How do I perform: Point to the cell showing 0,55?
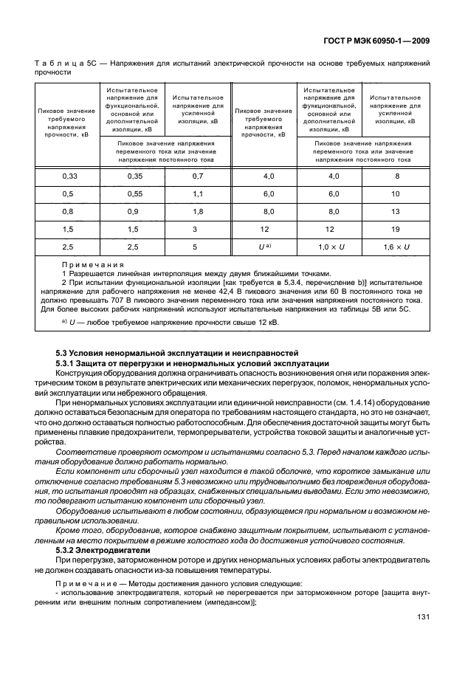pyautogui.click(x=134, y=193)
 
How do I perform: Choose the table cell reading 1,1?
pyautogui.click(x=197, y=193)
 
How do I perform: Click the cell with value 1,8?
pyautogui.click(x=197, y=210)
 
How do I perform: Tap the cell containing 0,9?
pyautogui.click(x=134, y=210)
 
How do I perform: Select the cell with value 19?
pyautogui.click(x=396, y=229)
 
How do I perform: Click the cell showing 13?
pyautogui.click(x=396, y=210)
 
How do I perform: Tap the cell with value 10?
pyautogui.click(x=396, y=193)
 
